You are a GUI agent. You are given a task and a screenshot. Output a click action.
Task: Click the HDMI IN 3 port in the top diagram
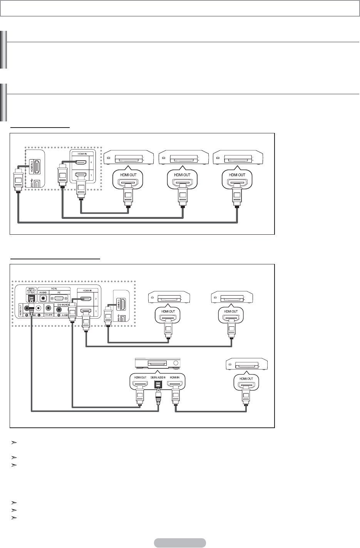(x=35, y=167)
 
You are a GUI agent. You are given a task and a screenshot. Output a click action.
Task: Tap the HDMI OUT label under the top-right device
(x=236, y=175)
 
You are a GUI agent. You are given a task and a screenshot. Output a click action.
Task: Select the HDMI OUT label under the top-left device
(x=127, y=175)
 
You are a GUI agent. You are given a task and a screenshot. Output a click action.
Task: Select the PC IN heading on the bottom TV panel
(x=54, y=288)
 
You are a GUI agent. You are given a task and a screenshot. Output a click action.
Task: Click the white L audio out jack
(x=38, y=308)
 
